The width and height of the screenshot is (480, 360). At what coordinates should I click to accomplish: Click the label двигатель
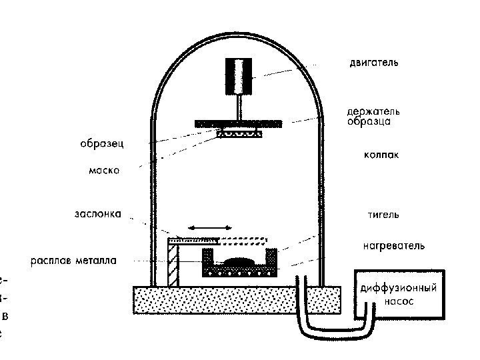click(x=373, y=63)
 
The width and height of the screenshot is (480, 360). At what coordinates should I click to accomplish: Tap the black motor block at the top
click(x=238, y=75)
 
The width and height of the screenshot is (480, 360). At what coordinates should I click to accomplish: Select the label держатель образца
click(x=373, y=117)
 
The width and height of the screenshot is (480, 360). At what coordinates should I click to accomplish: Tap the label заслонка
click(x=98, y=215)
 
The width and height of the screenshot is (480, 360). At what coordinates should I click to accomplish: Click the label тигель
click(x=383, y=215)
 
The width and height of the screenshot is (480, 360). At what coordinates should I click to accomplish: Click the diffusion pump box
click(x=399, y=294)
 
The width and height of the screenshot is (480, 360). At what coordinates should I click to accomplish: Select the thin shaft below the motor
click(x=238, y=107)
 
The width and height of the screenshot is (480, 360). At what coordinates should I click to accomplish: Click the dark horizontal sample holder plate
click(x=238, y=124)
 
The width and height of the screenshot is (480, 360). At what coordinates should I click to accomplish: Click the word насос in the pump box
click(x=399, y=301)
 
